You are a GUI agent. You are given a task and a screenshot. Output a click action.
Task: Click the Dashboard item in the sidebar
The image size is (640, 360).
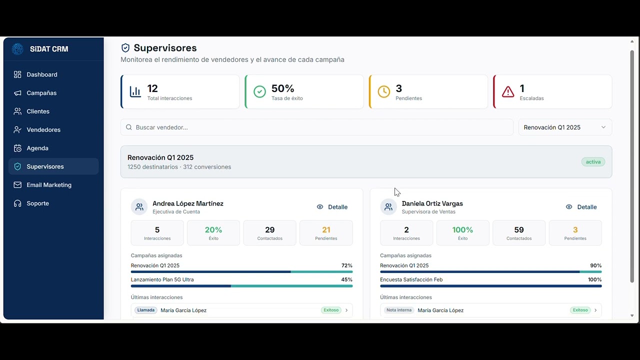click(42, 74)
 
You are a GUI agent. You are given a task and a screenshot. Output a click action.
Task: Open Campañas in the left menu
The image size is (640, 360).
click(41, 93)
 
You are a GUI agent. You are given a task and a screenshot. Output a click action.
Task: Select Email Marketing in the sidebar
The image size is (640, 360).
click(49, 185)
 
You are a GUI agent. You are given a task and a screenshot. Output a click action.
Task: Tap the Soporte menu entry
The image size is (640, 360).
click(37, 203)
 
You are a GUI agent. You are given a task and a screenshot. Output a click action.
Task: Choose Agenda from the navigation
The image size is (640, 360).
click(37, 148)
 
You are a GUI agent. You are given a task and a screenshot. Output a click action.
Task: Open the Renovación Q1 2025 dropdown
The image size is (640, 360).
click(564, 127)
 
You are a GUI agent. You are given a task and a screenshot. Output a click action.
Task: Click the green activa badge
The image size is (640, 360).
click(593, 162)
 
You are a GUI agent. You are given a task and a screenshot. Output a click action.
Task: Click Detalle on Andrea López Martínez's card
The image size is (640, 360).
click(332, 207)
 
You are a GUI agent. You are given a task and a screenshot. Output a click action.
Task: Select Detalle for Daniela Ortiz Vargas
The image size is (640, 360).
click(581, 207)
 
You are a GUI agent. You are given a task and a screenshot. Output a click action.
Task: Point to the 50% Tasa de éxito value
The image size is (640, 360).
click(283, 88)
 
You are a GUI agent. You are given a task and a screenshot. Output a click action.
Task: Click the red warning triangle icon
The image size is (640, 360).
click(508, 91)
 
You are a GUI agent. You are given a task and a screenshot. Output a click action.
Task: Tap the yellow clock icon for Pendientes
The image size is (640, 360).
click(383, 91)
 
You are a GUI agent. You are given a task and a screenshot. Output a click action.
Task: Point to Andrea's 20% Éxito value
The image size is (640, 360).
click(213, 230)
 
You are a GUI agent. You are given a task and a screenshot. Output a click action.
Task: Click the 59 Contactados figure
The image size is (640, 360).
click(519, 230)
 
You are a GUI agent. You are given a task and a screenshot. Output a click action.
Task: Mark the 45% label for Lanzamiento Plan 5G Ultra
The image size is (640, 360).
click(346, 279)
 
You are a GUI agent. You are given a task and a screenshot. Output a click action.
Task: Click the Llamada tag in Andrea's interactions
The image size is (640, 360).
click(146, 310)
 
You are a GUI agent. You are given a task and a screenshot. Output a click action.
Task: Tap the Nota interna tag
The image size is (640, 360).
click(399, 310)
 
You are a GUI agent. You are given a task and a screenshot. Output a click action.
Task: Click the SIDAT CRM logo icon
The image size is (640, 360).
click(17, 49)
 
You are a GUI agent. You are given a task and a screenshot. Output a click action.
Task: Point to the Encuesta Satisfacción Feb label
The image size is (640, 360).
click(411, 279)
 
